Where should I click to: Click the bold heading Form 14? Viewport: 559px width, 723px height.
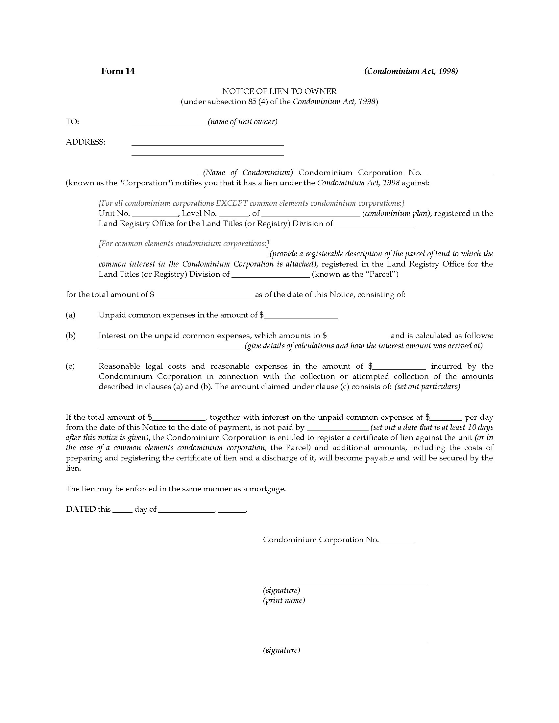click(x=118, y=71)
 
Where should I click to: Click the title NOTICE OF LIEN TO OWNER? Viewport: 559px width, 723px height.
click(x=279, y=91)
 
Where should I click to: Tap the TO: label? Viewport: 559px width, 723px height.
click(x=72, y=122)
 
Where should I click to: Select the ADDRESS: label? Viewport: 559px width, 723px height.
click(x=86, y=142)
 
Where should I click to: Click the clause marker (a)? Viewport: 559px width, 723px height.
click(x=71, y=315)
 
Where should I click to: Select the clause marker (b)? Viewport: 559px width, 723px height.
click(x=71, y=336)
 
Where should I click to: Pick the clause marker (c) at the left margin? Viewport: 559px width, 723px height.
click(x=70, y=366)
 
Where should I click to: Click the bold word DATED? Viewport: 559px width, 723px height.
click(x=81, y=509)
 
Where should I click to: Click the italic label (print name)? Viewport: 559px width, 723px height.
click(x=284, y=600)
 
